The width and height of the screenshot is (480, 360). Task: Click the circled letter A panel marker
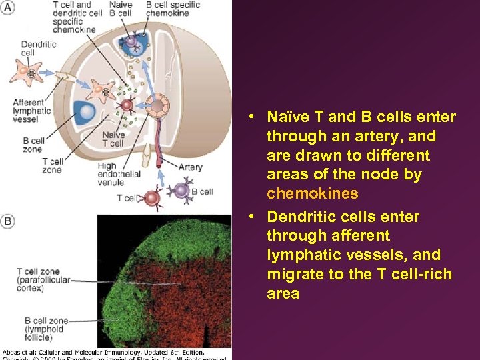tap(8, 7)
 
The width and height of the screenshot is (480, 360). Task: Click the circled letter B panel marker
tap(8, 221)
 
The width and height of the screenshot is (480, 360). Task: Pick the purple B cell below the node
tap(180, 191)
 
